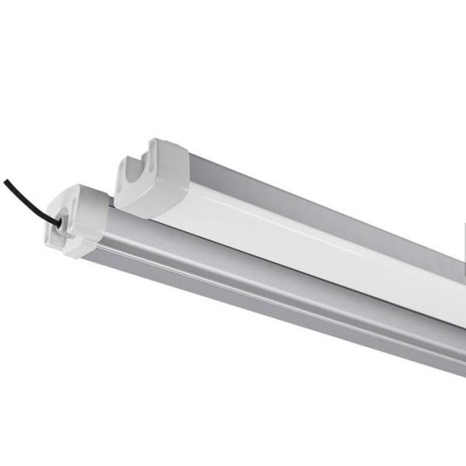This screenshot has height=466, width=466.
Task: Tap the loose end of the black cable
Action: (6, 182)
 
